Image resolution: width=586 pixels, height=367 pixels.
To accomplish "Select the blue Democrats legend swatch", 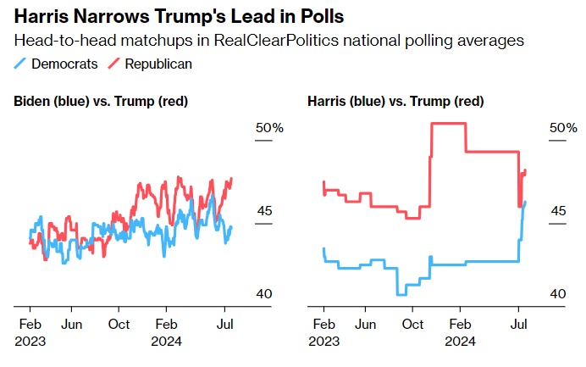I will point(20,64).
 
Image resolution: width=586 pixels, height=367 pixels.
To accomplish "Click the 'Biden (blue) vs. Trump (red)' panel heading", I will point(101,102).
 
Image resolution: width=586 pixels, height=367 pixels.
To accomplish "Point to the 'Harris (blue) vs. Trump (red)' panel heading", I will point(395,102).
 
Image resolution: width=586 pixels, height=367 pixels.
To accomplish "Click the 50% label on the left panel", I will point(269,128).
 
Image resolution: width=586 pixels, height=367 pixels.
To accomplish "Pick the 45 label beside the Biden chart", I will point(264,211).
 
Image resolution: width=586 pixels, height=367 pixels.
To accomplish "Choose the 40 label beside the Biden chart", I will point(264,293).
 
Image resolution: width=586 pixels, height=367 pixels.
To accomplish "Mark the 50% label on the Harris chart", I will point(563,128).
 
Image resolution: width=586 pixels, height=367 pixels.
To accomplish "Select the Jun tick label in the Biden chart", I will point(72,324).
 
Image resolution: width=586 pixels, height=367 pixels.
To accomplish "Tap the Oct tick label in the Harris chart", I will point(413,324).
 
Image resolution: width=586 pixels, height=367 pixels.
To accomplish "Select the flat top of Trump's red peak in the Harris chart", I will point(448,124).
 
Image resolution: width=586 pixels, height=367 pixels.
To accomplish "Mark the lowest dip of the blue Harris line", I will point(401,294).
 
